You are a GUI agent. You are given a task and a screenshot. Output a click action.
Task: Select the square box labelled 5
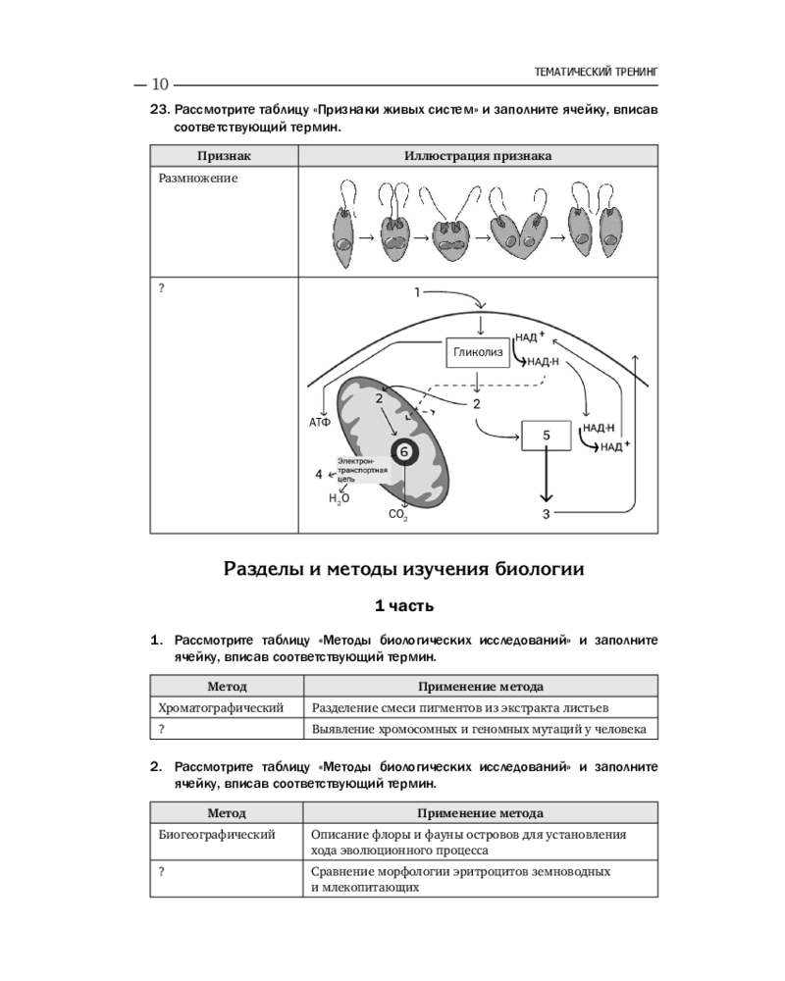(548, 434)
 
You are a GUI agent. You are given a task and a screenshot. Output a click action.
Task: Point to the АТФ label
(320, 423)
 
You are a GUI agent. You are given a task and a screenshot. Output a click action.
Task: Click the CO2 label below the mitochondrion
(398, 514)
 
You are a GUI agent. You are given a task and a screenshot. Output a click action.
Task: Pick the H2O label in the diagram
(339, 497)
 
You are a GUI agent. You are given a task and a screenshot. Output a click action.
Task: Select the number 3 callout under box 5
(548, 513)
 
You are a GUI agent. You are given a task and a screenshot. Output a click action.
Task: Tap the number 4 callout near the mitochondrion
(317, 474)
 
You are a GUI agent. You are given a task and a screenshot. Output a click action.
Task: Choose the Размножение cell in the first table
(197, 179)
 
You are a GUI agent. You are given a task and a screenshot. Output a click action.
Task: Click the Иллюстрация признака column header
(477, 156)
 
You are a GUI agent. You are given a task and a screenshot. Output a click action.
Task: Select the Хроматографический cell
(221, 707)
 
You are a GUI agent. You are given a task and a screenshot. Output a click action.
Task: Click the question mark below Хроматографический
(161, 728)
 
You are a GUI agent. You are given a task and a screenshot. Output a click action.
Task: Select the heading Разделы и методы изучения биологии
(403, 568)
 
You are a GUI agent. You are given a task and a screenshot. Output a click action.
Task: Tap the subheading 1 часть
(403, 606)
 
